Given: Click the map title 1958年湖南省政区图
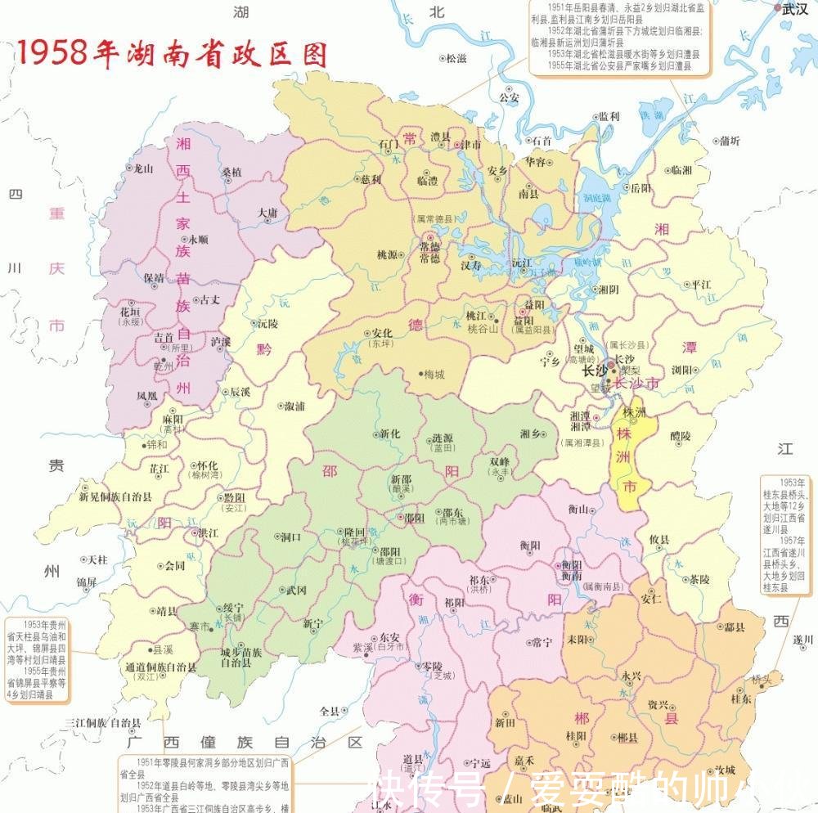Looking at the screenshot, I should (172, 53).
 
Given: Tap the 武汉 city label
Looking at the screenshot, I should (794, 9).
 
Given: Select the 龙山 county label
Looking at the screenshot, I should (143, 168).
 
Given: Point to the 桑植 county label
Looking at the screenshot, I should (231, 173).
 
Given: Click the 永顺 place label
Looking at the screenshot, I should (198, 240).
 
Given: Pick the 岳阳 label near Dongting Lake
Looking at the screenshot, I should (641, 188).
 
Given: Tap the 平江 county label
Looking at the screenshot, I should (702, 285).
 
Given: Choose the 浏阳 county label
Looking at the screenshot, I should (682, 370).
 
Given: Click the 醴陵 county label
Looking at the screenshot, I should (680, 436).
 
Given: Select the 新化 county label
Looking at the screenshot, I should (389, 434).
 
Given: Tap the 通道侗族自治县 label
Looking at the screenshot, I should (160, 667).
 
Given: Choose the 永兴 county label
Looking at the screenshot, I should (631, 676).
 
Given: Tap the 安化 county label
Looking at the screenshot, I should (382, 333).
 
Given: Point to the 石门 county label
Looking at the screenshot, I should (389, 144).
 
